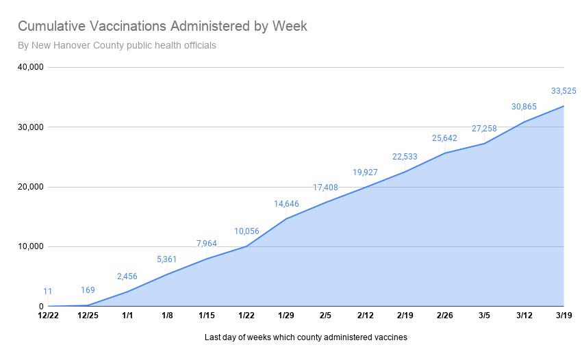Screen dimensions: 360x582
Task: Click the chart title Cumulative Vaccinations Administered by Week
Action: point(162,27)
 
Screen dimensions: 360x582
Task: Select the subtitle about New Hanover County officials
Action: point(117,46)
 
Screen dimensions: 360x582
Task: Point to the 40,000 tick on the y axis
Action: point(30,67)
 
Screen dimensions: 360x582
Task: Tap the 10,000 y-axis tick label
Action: point(30,247)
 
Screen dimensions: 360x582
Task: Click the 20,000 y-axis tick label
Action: point(30,187)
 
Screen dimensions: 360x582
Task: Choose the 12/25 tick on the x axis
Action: point(88,316)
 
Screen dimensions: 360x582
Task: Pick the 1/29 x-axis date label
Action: point(286,316)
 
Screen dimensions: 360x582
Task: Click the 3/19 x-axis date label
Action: point(564,316)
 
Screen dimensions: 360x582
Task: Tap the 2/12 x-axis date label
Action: point(366,316)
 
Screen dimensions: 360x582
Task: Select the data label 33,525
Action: point(564,90)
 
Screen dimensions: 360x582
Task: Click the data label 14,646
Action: point(286,204)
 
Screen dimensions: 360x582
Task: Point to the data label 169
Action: point(88,290)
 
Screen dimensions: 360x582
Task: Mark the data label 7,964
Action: point(207,244)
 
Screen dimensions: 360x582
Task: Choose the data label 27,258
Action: point(484,129)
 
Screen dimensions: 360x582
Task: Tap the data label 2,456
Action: point(127,277)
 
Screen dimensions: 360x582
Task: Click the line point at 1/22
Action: point(246,246)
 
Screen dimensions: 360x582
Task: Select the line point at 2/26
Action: point(445,153)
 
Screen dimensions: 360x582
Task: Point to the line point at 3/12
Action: point(524,122)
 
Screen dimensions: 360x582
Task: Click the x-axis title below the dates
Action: point(305,337)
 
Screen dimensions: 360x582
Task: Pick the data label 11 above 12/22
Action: point(48,292)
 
